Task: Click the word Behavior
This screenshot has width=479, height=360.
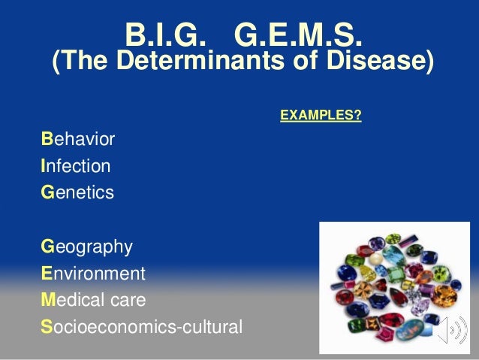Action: [x=79, y=139]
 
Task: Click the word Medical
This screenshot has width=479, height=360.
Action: [x=71, y=301]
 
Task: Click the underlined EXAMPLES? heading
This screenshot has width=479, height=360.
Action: [x=321, y=116]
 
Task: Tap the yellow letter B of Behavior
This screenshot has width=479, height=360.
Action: [x=47, y=139]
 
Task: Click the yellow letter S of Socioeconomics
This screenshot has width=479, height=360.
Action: [x=47, y=328]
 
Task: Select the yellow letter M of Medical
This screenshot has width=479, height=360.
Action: [x=48, y=301]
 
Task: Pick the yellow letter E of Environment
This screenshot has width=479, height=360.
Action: [x=47, y=274]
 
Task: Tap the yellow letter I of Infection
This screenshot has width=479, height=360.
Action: [x=44, y=166]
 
